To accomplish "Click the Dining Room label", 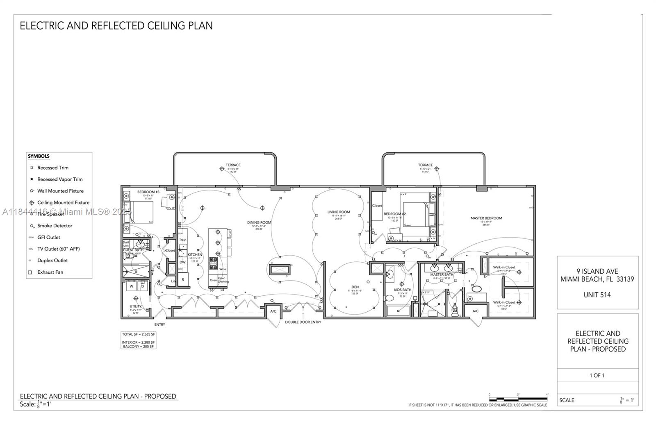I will (x=259, y=222).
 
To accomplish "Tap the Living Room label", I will (x=338, y=212).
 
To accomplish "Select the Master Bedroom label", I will (x=486, y=218).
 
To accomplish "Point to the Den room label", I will (x=355, y=287).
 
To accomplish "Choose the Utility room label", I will (x=136, y=306).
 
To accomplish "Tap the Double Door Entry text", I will (x=303, y=322).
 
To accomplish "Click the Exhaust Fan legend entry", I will (x=50, y=272).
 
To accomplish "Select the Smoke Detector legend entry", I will (x=55, y=226).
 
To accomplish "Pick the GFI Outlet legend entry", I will (x=48, y=237).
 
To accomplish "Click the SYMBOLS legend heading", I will (x=39, y=156).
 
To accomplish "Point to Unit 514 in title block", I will (x=597, y=295).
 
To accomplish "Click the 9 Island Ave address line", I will (x=597, y=271).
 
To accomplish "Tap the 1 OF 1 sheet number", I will (x=597, y=375).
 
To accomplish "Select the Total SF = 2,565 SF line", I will (x=138, y=334).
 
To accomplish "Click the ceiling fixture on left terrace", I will (x=222, y=168).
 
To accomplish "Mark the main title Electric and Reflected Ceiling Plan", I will (x=116, y=25).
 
